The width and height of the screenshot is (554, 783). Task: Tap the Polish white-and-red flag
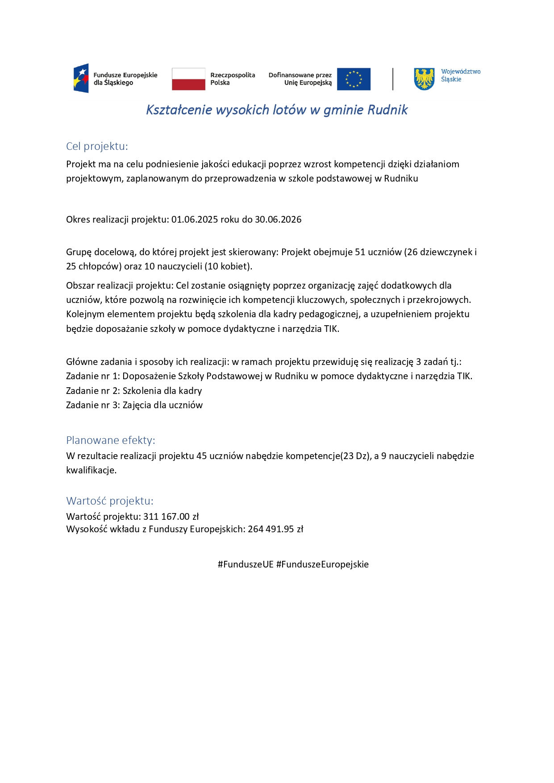(x=188, y=79)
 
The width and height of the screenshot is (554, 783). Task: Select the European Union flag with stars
(x=354, y=79)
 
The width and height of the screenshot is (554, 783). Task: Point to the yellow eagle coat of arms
(x=424, y=79)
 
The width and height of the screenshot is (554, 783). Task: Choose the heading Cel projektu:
(x=97, y=146)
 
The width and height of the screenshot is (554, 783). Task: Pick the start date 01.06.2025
(x=195, y=220)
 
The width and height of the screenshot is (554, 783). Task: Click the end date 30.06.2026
(x=278, y=220)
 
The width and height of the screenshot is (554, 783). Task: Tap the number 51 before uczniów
(x=360, y=252)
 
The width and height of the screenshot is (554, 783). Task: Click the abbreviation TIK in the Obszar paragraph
(x=331, y=329)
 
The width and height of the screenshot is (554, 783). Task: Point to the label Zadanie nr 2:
(x=93, y=391)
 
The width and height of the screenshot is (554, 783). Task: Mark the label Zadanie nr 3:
(x=93, y=405)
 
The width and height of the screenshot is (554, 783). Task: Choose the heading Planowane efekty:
(x=111, y=440)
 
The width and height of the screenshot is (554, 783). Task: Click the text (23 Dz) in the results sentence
(x=356, y=456)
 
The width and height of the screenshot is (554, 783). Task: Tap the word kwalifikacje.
(x=91, y=470)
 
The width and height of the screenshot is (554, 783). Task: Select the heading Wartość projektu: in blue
(x=110, y=501)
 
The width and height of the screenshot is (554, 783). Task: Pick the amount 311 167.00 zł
(x=171, y=517)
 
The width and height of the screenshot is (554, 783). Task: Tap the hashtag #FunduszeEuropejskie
(x=322, y=564)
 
